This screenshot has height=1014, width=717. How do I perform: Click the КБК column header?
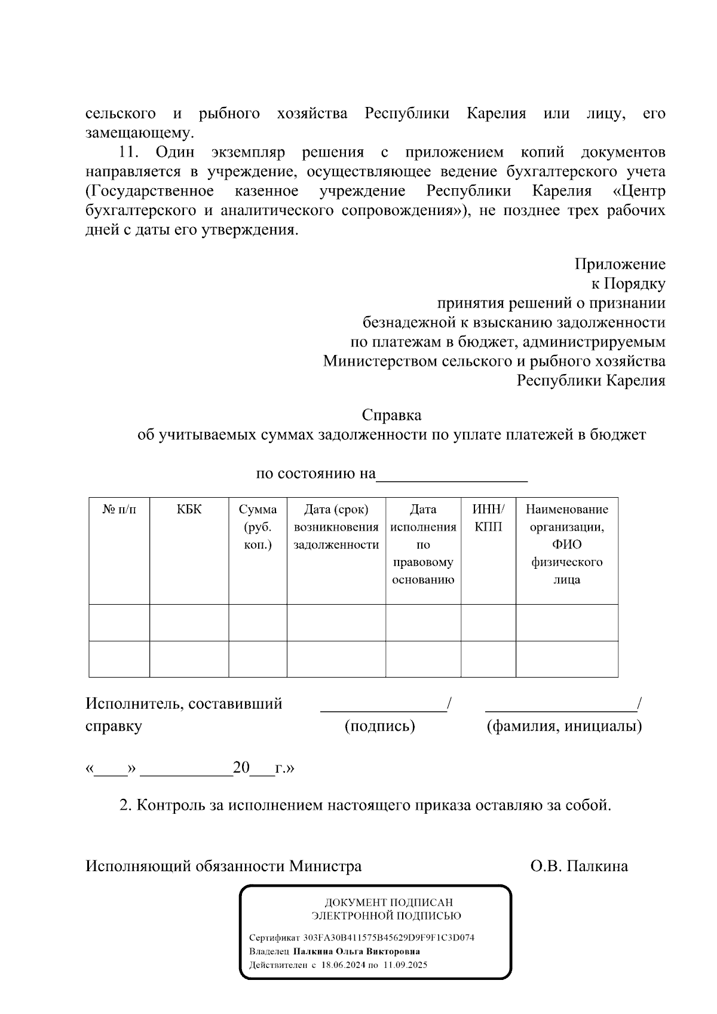189,510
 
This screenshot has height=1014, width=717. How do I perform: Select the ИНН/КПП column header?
488,518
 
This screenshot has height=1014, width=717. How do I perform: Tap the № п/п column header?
119,510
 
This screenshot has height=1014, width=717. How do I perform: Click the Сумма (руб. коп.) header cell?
258,527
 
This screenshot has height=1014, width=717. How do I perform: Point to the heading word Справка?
391,415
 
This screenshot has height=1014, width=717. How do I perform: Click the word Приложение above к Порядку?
620,264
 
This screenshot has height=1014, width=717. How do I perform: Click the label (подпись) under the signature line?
380,726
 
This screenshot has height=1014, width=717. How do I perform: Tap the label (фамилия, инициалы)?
564,726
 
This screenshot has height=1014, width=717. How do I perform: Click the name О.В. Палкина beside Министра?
579,866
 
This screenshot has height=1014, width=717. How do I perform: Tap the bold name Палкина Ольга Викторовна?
356,951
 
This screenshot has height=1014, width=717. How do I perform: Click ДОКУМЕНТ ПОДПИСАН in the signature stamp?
388,902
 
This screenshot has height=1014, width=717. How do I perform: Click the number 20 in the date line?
241,768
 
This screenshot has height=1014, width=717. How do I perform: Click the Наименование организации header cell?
566,544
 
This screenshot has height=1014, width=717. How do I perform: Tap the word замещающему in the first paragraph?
139,133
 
